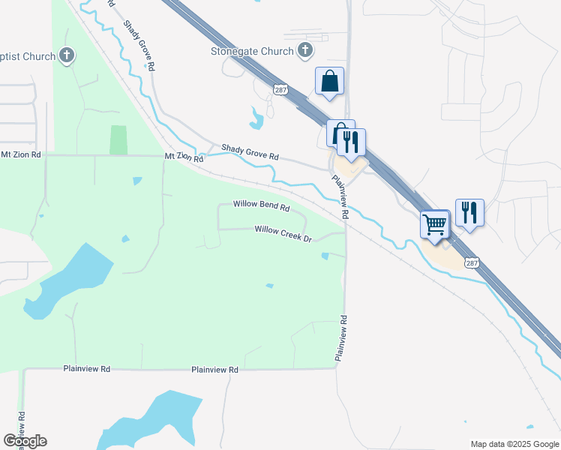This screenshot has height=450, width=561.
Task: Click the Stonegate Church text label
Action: coord(251,52)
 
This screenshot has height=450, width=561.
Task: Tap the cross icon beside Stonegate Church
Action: coord(305,51)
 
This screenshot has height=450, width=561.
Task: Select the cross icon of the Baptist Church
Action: coord(67,55)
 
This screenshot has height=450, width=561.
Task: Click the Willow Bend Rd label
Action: coord(261,204)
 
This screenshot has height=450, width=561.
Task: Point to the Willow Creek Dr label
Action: coord(283,235)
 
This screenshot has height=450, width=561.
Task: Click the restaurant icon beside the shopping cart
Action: coord(469,211)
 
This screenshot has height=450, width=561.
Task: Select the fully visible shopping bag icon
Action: coord(329,81)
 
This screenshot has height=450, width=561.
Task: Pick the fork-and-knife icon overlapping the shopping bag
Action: coord(351,140)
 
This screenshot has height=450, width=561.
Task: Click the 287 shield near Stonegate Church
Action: coord(280,88)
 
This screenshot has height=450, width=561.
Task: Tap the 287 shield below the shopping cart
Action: coord(472,262)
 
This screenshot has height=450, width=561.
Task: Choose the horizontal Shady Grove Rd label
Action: coord(250,152)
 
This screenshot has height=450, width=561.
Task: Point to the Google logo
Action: coord(25,441)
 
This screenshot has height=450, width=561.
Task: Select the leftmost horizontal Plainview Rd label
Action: coord(87,369)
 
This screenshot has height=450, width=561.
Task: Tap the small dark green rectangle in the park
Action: coord(118,139)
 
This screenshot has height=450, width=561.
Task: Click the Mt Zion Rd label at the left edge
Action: coord(20,154)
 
